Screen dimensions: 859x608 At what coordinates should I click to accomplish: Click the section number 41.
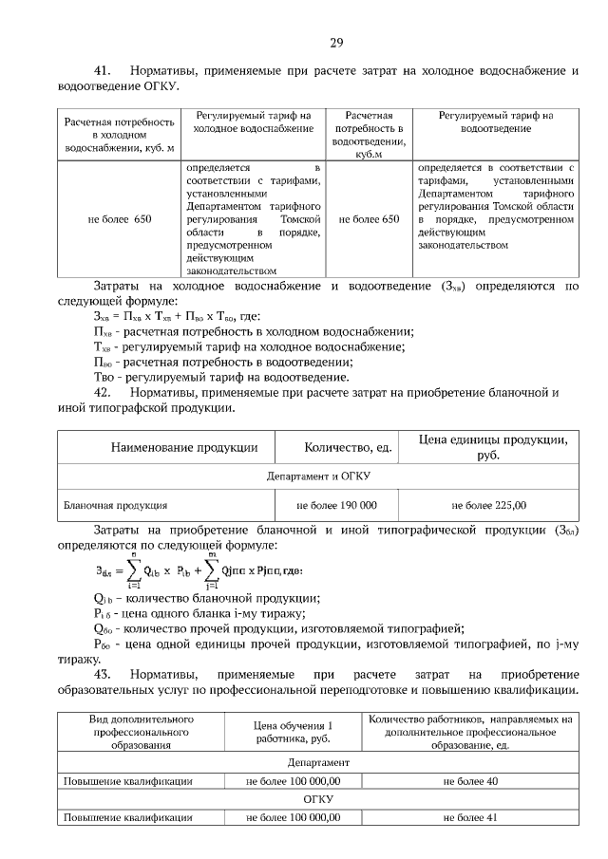click(103, 71)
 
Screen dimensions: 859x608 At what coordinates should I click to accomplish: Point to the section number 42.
click(103, 392)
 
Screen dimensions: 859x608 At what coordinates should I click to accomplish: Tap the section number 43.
click(103, 673)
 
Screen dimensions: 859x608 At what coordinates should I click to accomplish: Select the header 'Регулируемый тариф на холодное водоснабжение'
click(253, 121)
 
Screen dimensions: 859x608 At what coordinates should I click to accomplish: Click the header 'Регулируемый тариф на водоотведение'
click(495, 121)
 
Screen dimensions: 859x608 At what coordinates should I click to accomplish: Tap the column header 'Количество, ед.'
click(349, 446)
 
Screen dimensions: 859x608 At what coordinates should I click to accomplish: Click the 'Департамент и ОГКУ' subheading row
click(317, 476)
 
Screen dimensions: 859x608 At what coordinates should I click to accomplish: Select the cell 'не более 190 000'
click(336, 505)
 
